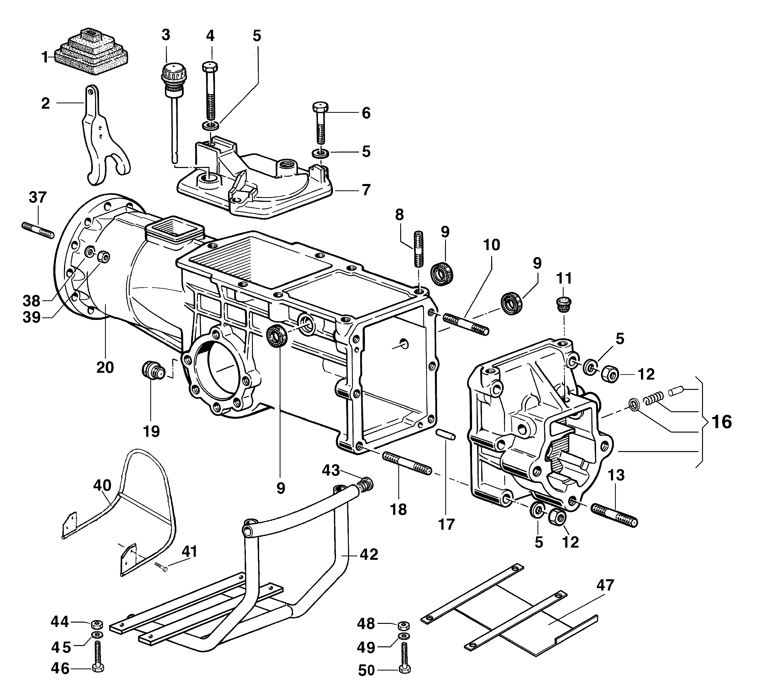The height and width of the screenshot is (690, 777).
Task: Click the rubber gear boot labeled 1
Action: coord(91,51)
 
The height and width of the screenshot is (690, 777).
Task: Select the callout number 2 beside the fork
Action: coord(46,103)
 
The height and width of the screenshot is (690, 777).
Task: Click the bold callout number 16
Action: coord(721,422)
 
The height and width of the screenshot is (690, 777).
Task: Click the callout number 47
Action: coord(605,585)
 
